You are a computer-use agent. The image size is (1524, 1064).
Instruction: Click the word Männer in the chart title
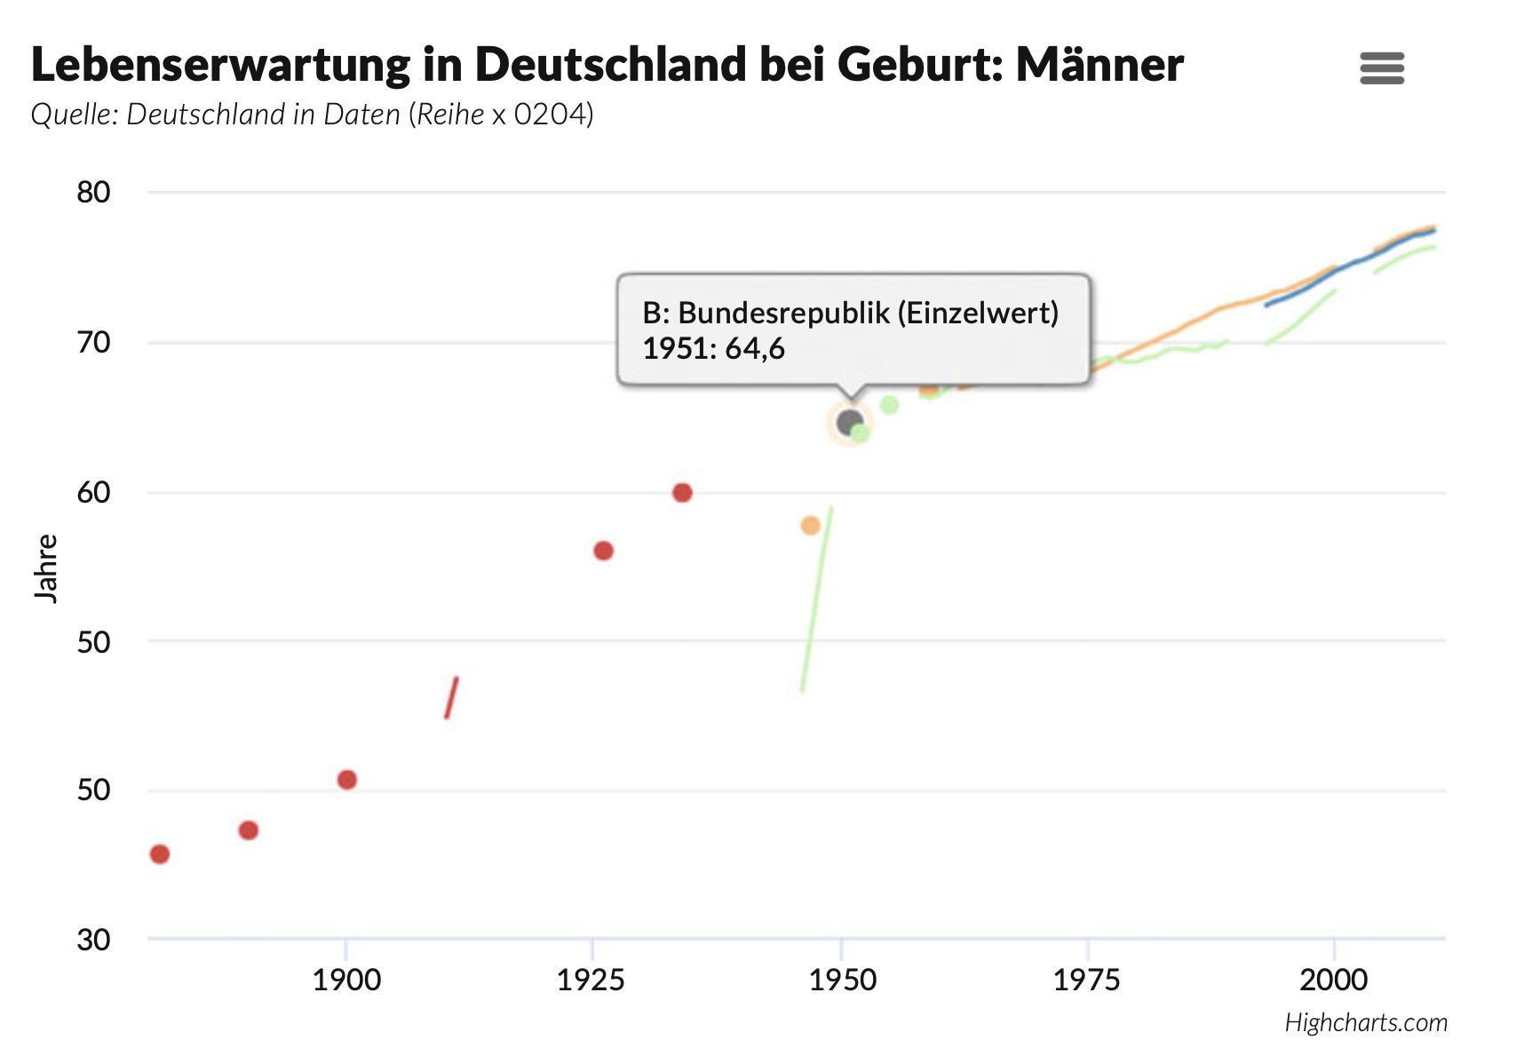pos(1099,64)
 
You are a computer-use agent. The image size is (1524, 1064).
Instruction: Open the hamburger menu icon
pos(1382,68)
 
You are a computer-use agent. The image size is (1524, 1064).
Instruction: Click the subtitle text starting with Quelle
pos(312,115)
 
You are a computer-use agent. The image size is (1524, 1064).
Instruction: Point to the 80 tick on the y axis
pos(93,192)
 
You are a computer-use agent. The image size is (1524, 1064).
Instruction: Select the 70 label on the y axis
pos(93,342)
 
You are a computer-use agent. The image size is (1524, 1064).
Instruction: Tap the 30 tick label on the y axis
pos(93,939)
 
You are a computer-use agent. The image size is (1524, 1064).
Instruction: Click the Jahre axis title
pos(46,568)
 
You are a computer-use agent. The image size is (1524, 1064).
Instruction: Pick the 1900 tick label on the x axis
pos(346,980)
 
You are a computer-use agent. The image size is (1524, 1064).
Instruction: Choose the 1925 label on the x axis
pos(591,980)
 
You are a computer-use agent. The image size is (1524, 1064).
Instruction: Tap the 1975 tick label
pos(1087,980)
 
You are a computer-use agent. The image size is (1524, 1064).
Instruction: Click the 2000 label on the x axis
pos(1333,980)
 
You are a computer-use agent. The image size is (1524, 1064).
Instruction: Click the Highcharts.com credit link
pos(1366,1022)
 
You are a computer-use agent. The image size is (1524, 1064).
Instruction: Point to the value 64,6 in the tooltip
pos(755,349)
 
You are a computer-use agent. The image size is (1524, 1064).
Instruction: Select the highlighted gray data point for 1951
pos(849,422)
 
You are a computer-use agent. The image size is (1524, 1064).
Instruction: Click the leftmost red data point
pos(160,854)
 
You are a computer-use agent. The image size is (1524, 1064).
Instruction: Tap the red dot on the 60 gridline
pos(682,493)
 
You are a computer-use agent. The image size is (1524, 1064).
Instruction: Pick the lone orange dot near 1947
pos(810,526)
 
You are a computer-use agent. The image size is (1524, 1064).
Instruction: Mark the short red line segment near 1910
pos(451,698)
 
